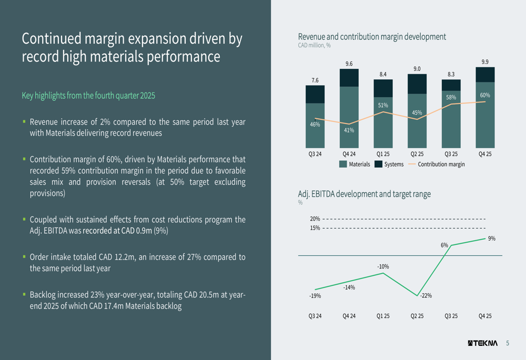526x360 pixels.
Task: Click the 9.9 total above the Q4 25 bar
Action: [x=485, y=62]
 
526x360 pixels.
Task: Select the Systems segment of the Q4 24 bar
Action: [x=349, y=78]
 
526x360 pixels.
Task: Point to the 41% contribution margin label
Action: [x=349, y=130]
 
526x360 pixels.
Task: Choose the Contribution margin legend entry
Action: [x=436, y=164]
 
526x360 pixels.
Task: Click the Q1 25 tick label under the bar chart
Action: [x=383, y=154]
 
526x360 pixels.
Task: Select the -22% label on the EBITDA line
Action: [x=426, y=296]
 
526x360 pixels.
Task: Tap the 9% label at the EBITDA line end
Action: [x=491, y=239]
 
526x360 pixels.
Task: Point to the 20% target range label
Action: [x=315, y=219]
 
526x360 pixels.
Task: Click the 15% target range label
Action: [x=315, y=228]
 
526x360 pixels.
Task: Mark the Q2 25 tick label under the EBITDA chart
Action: [x=417, y=316]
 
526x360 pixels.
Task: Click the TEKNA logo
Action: [x=482, y=344]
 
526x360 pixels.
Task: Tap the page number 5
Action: [x=508, y=344]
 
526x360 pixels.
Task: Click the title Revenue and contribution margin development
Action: [x=371, y=37]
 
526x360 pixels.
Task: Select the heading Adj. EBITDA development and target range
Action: [x=364, y=194]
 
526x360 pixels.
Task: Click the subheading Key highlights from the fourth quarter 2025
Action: [x=88, y=96]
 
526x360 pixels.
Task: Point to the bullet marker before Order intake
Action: [x=24, y=257]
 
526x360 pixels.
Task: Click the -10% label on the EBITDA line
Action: [x=383, y=267]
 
